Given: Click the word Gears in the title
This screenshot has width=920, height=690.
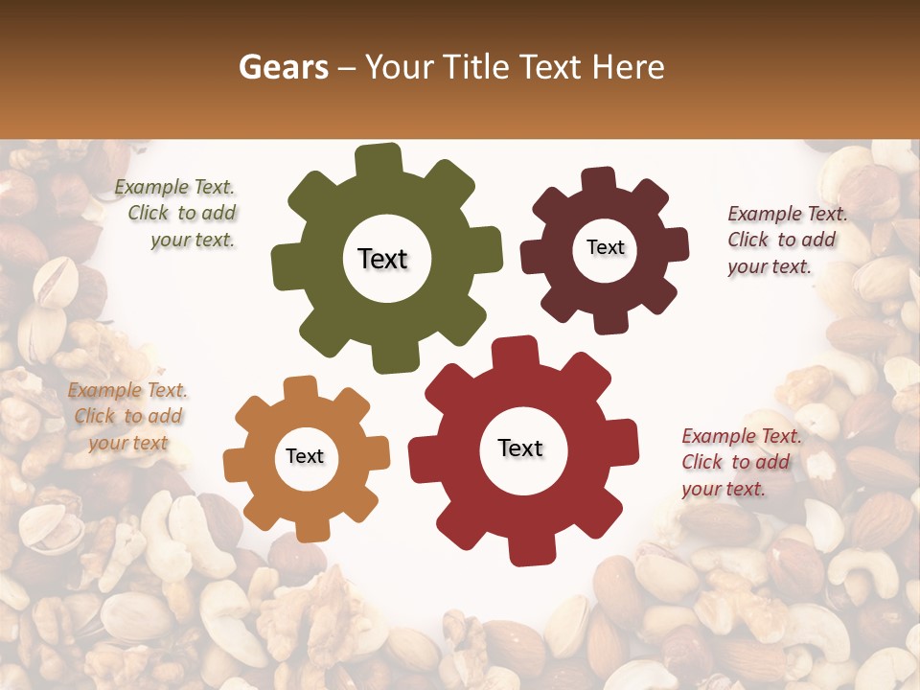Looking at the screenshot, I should [x=281, y=67].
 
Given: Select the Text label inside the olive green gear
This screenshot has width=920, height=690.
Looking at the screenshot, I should [x=382, y=259].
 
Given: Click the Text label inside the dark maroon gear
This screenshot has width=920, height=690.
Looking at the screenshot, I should [x=605, y=247].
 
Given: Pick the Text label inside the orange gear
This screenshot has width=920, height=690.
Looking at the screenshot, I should [x=305, y=457].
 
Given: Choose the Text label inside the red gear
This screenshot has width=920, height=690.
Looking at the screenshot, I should [x=520, y=448].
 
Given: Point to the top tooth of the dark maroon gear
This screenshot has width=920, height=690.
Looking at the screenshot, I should [x=599, y=179].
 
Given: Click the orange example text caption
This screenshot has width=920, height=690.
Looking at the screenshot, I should [x=127, y=417].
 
